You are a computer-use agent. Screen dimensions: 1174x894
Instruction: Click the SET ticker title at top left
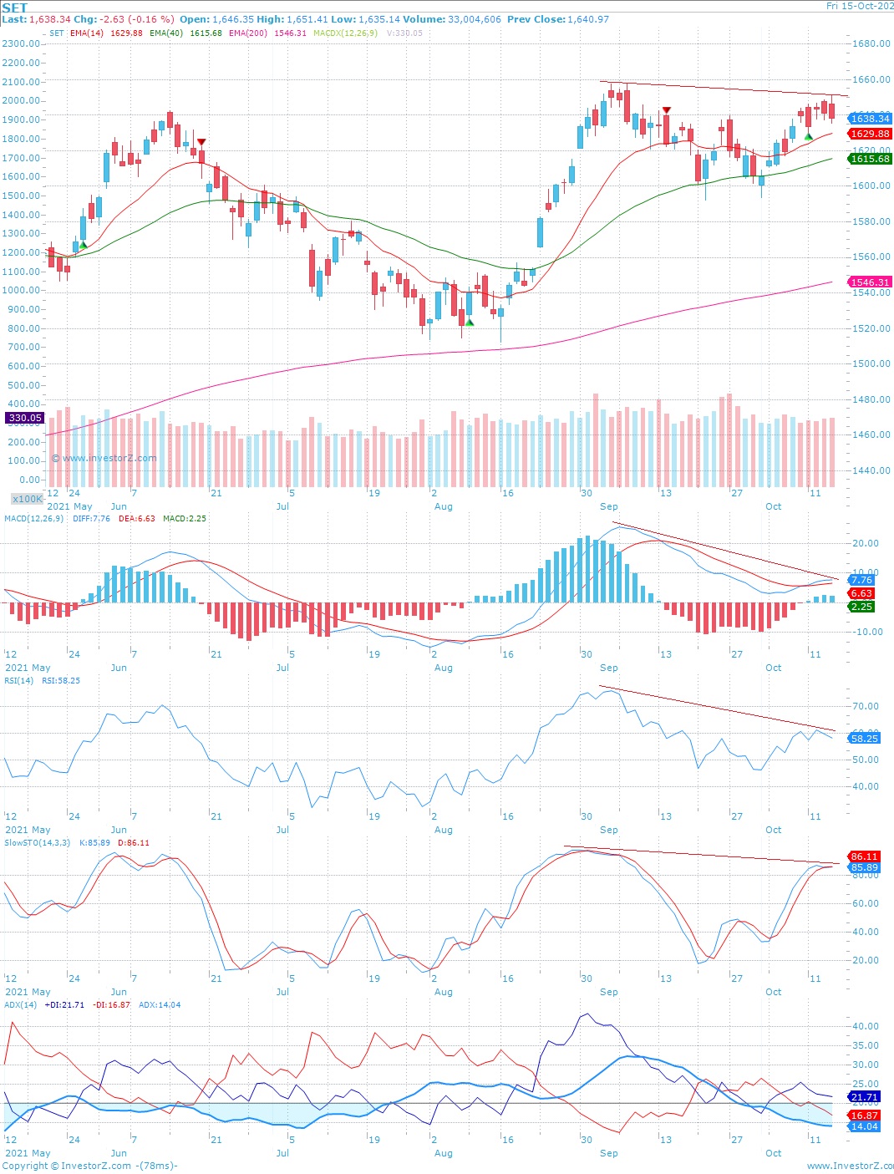[15, 8]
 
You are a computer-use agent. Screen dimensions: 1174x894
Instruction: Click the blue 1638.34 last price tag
[870, 119]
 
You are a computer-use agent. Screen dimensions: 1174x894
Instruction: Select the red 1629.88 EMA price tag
[870, 134]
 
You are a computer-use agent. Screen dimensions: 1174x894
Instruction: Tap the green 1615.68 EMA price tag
[870, 159]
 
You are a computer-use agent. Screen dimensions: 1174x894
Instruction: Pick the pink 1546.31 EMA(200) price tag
[870, 282]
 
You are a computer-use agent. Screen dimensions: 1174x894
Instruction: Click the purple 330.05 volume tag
[25, 418]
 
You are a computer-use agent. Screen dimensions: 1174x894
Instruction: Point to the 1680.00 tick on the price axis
[871, 44]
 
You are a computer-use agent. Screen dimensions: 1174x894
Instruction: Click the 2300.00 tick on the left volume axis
[21, 43]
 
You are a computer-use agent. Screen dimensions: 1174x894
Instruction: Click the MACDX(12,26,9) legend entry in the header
[345, 33]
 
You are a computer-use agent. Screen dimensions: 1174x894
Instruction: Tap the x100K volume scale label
[28, 499]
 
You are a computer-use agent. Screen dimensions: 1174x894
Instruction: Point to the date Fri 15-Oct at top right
[859, 6]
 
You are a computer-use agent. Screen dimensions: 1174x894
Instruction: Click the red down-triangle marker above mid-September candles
[666, 110]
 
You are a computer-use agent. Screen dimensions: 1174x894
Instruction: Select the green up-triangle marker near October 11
[808, 136]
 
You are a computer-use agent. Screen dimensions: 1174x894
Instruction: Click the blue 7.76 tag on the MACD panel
[861, 580]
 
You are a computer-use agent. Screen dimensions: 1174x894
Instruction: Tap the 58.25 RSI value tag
[864, 739]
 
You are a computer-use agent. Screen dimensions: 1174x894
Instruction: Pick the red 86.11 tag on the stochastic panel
[864, 856]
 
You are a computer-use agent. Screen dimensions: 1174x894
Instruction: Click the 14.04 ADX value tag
[864, 1126]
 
